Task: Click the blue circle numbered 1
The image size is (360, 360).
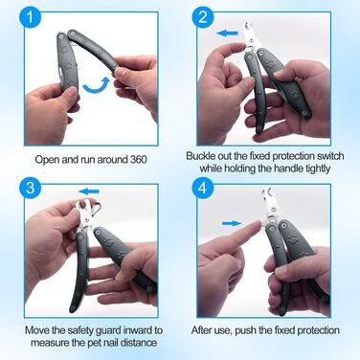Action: point(31,17)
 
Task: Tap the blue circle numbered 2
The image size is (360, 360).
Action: point(203,17)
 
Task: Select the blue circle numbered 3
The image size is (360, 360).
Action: point(31,188)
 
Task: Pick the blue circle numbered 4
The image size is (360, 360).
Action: point(203,189)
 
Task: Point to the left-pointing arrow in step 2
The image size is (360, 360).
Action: point(227,33)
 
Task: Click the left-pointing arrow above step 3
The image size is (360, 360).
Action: point(89,191)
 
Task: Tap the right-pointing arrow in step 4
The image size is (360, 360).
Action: point(232,223)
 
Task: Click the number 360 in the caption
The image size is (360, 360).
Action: point(139,159)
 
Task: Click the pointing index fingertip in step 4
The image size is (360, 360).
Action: point(257,226)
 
